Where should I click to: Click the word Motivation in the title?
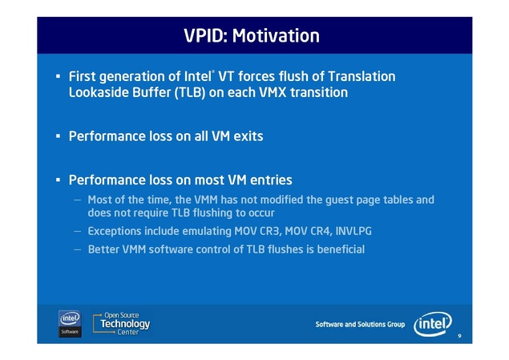coord(276,35)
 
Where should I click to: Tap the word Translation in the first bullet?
coord(362,77)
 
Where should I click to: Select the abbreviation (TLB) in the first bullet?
coord(190,92)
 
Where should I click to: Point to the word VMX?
coord(273,92)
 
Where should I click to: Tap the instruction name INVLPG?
coord(353,231)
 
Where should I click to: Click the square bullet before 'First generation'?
coord(58,77)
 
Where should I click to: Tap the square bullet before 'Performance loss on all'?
coord(58,136)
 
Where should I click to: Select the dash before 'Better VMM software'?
coord(77,249)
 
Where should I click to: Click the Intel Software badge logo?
coord(70,324)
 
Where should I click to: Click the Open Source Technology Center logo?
coord(121,324)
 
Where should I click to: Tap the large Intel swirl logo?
coord(433,324)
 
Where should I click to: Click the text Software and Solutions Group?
coord(360,324)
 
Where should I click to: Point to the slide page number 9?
coord(459,336)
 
